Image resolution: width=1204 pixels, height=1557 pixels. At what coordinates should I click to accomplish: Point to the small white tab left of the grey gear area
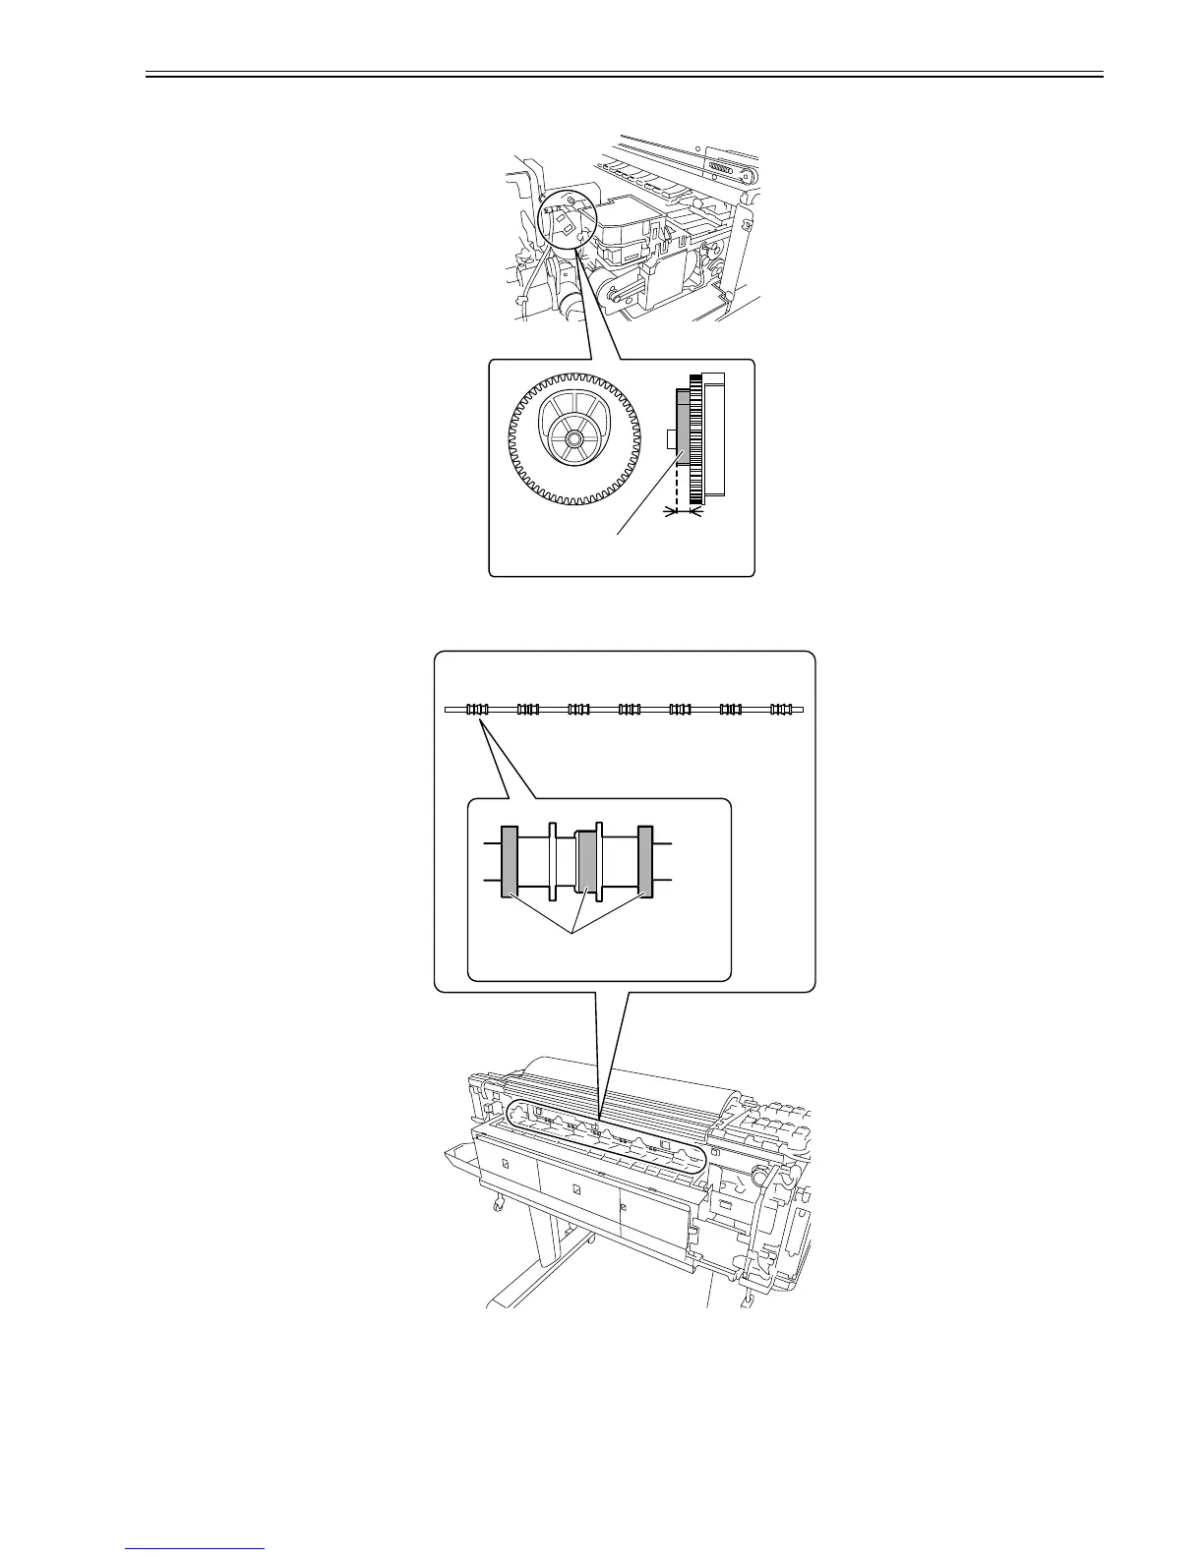coord(671,438)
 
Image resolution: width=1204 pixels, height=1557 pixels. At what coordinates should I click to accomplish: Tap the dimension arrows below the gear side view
coord(684,510)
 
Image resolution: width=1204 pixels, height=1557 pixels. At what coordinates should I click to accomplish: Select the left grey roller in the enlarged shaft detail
coord(510,861)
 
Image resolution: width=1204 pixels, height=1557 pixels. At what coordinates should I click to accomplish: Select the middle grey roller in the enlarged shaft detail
coord(587,861)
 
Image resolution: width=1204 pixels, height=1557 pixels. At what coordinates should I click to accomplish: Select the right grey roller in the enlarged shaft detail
coord(646,861)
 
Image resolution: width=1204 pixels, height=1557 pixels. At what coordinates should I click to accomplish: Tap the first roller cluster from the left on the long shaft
coord(477,709)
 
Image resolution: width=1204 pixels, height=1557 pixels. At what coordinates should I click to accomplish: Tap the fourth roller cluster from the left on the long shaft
coord(630,709)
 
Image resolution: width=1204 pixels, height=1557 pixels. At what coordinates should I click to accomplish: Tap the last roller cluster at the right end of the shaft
coord(782,709)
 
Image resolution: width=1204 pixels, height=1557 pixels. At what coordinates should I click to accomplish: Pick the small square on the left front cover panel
coord(506,1163)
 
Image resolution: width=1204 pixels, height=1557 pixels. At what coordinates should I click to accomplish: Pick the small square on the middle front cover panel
coord(576,1190)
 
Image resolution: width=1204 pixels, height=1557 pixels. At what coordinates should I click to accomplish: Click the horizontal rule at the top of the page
coord(625,73)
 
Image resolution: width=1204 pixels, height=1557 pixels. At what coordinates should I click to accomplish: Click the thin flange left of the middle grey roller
coord(553,861)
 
